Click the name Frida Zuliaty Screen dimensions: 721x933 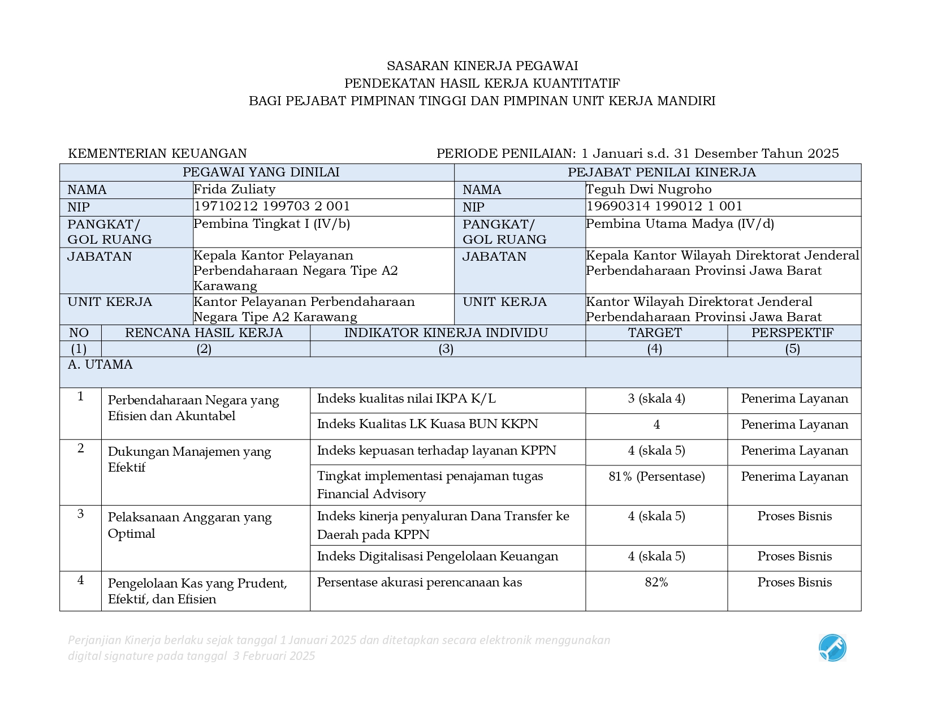[x=234, y=189]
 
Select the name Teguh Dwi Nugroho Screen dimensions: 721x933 [x=648, y=189]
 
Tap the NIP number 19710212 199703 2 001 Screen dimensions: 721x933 [x=271, y=206]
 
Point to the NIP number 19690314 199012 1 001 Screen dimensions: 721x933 [x=664, y=206]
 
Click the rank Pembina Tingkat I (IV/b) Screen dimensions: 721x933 [x=271, y=224]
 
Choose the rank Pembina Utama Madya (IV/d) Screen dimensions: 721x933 [x=680, y=224]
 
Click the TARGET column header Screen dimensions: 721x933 [x=655, y=333]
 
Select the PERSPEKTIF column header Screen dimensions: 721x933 [x=792, y=333]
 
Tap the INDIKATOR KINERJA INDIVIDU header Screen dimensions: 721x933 [x=446, y=333]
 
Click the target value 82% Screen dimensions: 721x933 [x=656, y=582]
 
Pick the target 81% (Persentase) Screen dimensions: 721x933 [x=656, y=477]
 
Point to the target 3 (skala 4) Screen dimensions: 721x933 [x=656, y=399]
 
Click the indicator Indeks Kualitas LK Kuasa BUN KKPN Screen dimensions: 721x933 [x=427, y=424]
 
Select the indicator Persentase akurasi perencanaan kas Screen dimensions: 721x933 [x=419, y=582]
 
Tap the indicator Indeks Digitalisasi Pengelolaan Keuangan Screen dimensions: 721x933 [x=437, y=556]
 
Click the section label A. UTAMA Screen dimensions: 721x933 [x=100, y=365]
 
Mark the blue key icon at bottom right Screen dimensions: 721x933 [x=832, y=648]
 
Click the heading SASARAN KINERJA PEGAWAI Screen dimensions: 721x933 [x=482, y=66]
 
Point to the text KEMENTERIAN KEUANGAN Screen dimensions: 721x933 [x=157, y=153]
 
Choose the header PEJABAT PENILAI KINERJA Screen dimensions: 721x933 [x=661, y=172]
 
